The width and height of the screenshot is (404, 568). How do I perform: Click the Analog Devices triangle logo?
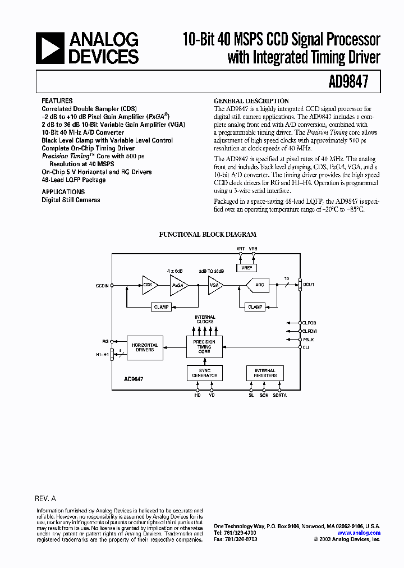[50, 48]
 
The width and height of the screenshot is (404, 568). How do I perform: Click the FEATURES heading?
[57, 101]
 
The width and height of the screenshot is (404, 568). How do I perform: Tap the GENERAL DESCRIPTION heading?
[251, 101]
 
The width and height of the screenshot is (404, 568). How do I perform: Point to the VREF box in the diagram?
[246, 268]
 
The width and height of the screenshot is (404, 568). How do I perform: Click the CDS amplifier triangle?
[149, 285]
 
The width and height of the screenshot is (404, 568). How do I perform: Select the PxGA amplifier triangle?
[178, 285]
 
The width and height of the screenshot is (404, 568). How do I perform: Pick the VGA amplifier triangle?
[214, 285]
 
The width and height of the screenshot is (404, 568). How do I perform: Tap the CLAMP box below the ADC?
[255, 307]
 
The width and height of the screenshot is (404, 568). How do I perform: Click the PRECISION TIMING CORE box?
[204, 347]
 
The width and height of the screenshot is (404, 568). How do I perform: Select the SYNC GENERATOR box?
[204, 373]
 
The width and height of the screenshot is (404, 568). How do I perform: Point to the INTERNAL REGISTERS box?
[265, 373]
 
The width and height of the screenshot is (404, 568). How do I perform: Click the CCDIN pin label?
[102, 285]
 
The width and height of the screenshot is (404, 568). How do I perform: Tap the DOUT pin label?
[309, 285]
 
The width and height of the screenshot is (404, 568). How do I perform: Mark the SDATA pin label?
[279, 395]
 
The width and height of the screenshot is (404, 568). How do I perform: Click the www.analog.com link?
[359, 533]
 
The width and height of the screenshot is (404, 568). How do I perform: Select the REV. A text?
[45, 498]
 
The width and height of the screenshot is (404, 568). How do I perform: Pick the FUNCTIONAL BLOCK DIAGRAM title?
[208, 235]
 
